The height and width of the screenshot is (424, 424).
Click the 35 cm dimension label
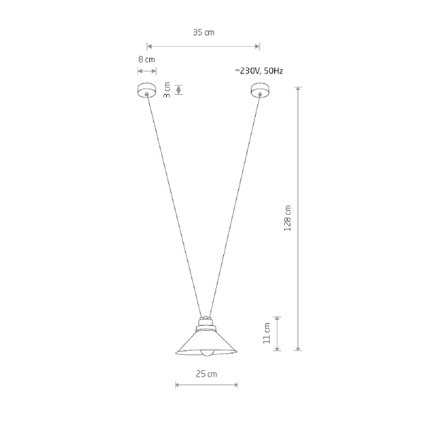point(204,33)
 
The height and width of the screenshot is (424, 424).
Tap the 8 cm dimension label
point(146,59)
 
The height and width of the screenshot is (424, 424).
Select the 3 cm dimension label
point(167,90)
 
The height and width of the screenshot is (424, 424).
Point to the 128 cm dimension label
point(288,218)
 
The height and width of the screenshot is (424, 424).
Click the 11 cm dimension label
point(266,333)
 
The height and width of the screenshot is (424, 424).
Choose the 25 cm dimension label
point(206,374)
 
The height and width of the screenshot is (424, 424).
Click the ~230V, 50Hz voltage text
point(259,71)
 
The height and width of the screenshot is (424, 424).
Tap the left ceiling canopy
point(146,90)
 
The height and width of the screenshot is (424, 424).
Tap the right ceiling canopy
point(260,90)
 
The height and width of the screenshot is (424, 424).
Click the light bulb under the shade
point(207,353)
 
